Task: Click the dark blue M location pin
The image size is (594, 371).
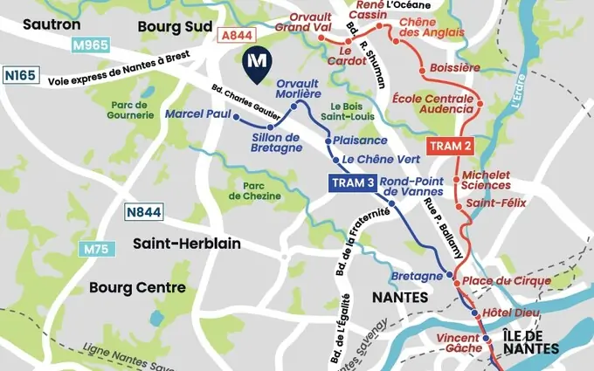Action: (256, 65)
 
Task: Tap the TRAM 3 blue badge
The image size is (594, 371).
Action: (353, 183)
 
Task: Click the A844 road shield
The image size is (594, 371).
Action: (237, 36)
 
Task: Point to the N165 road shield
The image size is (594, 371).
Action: (20, 76)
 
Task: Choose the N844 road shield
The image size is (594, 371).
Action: (143, 212)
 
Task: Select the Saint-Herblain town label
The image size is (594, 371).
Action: (187, 244)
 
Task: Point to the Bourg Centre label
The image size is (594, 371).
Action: (137, 287)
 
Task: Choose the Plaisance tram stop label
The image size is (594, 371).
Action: (361, 141)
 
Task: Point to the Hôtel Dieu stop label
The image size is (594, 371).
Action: (513, 313)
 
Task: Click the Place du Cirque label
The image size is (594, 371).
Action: (507, 281)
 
